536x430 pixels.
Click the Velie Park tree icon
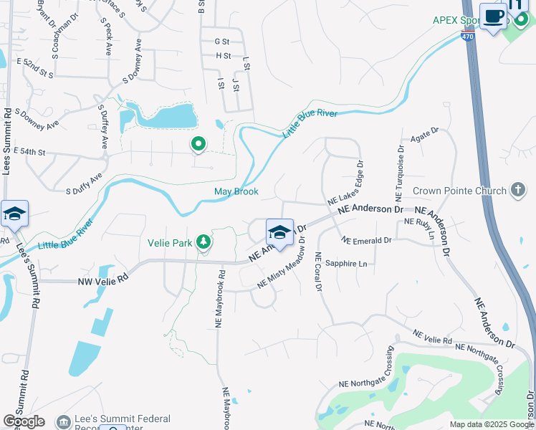click(x=204, y=242)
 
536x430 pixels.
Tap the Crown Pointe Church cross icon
click(x=518, y=191)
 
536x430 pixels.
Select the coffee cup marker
click(x=492, y=18)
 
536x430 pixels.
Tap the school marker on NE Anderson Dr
click(x=279, y=232)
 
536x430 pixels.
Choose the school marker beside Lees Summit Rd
click(x=14, y=214)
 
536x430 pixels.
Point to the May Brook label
click(x=236, y=192)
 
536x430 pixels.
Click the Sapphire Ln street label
click(x=345, y=264)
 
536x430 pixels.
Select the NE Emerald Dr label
click(x=366, y=240)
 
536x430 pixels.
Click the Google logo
click(x=24, y=421)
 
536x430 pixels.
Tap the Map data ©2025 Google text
click(x=491, y=424)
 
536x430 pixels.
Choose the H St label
click(x=223, y=55)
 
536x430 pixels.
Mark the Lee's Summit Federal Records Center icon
click(x=64, y=421)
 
